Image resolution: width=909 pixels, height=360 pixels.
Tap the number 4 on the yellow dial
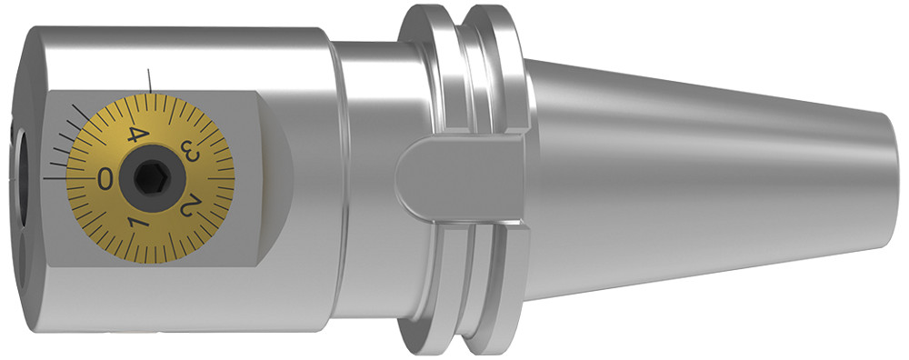point(135,135)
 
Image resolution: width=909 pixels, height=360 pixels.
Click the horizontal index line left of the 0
point(56,179)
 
